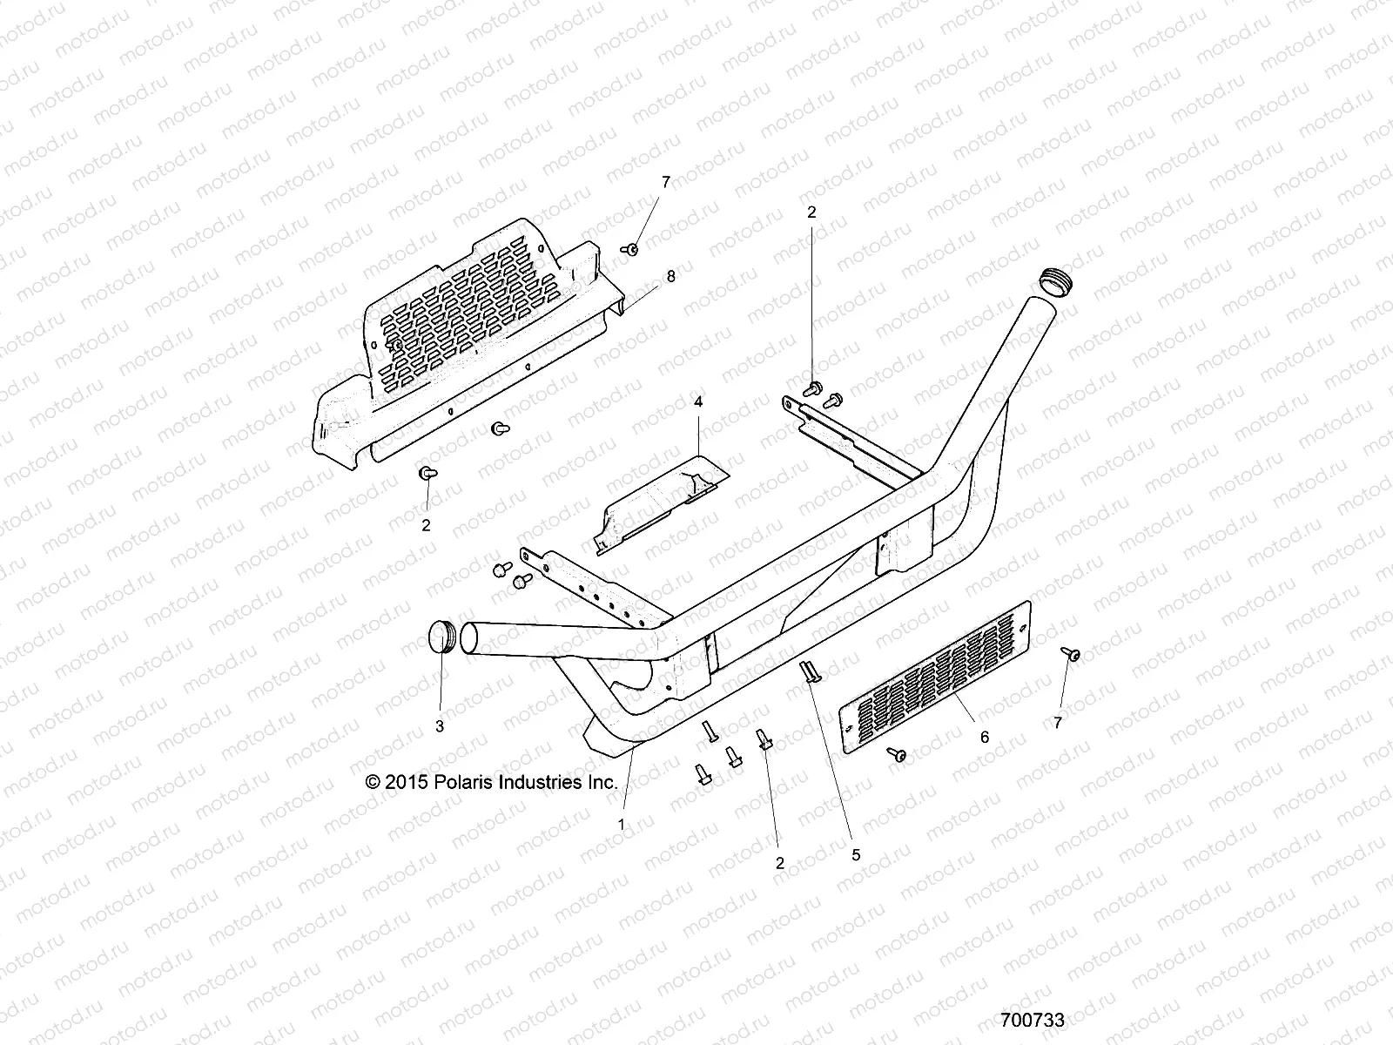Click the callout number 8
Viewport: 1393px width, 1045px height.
point(670,275)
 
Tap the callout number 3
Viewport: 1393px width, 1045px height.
point(440,725)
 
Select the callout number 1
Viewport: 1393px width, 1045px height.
point(622,823)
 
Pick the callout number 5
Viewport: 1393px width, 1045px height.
point(856,855)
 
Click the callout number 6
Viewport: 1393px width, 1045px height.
point(985,737)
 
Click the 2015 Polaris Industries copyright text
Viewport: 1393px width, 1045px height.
point(492,782)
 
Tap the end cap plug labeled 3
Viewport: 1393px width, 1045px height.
point(445,637)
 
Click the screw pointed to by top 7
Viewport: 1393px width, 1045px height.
point(631,250)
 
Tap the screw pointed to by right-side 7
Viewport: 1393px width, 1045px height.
point(1073,653)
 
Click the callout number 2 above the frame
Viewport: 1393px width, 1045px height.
point(811,212)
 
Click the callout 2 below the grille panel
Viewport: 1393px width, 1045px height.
point(426,525)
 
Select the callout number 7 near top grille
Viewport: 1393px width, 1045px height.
point(666,182)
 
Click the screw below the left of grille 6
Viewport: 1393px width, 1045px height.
point(898,753)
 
